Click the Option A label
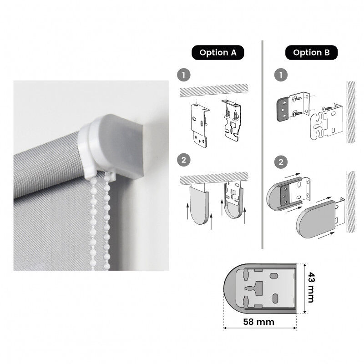218,52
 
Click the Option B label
311,52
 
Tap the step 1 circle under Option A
184,75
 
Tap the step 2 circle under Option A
184,160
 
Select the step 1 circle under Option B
281,75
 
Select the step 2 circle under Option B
281,162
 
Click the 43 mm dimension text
311,288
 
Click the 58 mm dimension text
259,322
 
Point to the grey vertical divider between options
263,144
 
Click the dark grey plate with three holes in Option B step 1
283,110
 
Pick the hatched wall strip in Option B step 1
351,112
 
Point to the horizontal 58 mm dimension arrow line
260,328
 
